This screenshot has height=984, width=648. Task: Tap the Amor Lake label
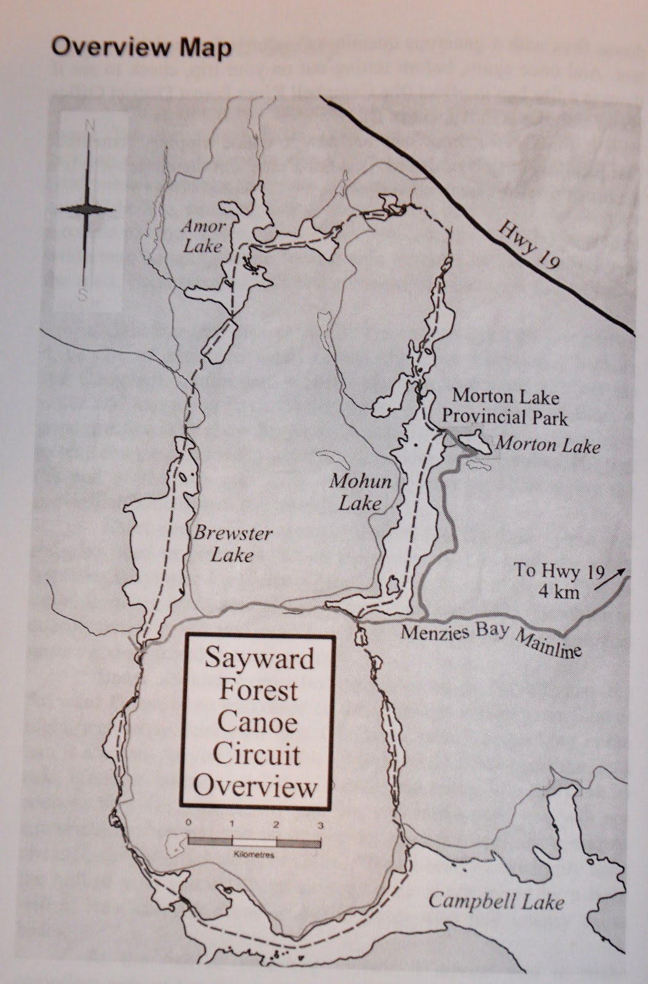[x=203, y=236]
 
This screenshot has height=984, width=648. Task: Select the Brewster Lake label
[x=232, y=544]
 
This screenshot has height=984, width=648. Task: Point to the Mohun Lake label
[x=360, y=491]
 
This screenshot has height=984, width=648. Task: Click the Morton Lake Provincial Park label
[x=509, y=407]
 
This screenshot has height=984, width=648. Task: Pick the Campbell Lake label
[x=496, y=902]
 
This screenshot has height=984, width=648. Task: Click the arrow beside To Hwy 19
[x=620, y=575]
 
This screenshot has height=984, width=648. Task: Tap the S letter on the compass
[x=82, y=295]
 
